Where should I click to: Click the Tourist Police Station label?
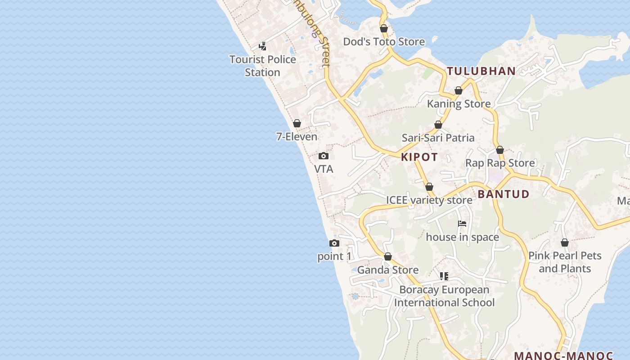click(x=263, y=66)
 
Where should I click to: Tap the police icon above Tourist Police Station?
click(x=263, y=46)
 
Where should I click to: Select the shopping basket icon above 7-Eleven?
click(x=297, y=123)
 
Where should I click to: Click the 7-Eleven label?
click(x=297, y=136)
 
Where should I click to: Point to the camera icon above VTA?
click(x=323, y=156)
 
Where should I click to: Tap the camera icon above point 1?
click(x=334, y=243)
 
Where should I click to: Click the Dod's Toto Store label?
click(x=384, y=42)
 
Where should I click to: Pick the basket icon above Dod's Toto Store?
click(x=384, y=29)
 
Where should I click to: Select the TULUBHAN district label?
click(x=481, y=71)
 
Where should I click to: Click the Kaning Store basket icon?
click(x=459, y=91)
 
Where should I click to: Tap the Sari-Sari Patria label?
click(x=438, y=138)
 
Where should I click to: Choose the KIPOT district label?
click(x=419, y=157)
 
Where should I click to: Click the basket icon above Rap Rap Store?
click(x=500, y=150)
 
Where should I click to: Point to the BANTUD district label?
click(x=504, y=194)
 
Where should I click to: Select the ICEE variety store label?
click(x=429, y=200)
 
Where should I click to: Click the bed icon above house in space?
click(x=462, y=224)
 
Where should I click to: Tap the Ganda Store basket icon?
click(x=388, y=257)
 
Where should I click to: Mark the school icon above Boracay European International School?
click(x=444, y=276)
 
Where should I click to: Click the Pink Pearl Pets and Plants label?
click(x=565, y=262)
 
